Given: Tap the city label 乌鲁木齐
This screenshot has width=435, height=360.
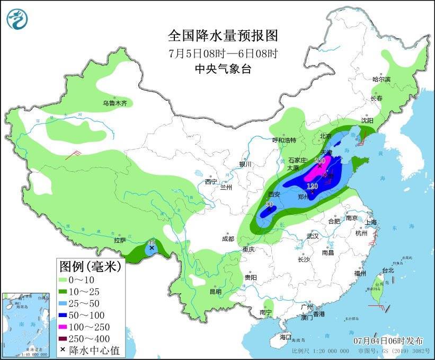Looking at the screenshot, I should click(x=115, y=103).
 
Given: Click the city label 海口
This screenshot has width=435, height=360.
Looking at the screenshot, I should click(x=286, y=337).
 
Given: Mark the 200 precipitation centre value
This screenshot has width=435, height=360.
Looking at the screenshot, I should click(x=319, y=160).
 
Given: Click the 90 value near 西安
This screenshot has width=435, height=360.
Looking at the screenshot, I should click(x=269, y=204).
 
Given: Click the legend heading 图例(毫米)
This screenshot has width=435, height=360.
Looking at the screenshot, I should click(x=90, y=266).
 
